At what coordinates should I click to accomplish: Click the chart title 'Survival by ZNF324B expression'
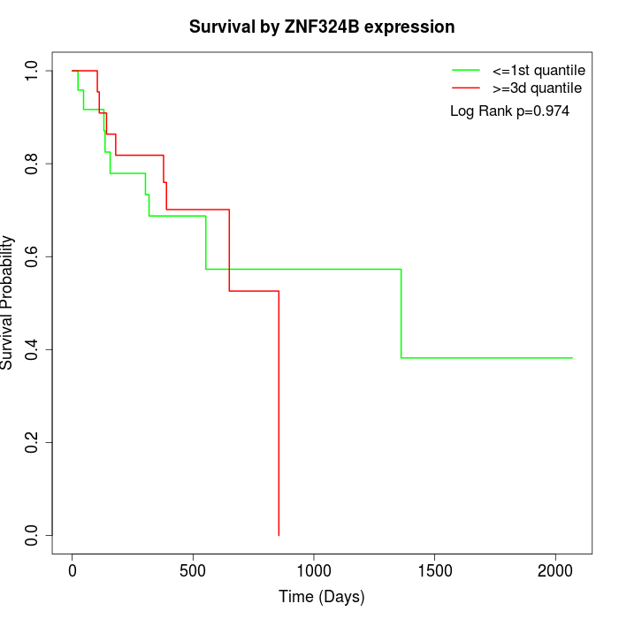point(322,27)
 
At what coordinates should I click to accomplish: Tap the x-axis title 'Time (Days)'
point(322,597)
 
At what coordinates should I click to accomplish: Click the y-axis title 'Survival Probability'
point(8,302)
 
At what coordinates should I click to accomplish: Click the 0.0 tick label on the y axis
point(33,535)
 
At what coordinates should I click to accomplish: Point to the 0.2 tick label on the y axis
point(33,442)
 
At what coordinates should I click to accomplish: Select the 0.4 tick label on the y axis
point(33,349)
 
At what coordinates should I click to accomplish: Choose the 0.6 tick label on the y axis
point(33,256)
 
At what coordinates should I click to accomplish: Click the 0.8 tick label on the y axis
point(33,164)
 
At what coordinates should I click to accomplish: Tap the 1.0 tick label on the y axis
point(33,71)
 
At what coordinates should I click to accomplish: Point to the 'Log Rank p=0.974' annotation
point(509,111)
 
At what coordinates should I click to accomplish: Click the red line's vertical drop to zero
point(279,416)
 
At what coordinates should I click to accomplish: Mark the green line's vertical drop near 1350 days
point(401,313)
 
